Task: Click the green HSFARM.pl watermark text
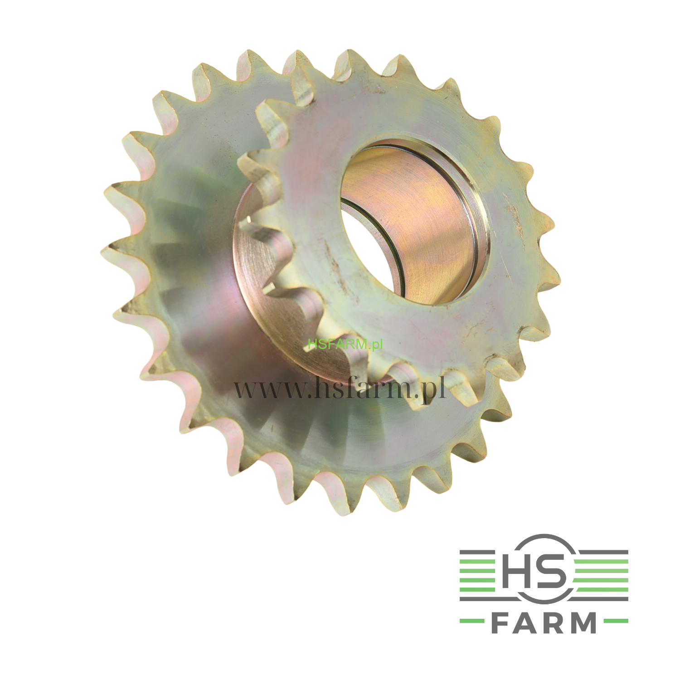coord(345,344)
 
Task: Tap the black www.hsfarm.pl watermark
coord(340,389)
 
